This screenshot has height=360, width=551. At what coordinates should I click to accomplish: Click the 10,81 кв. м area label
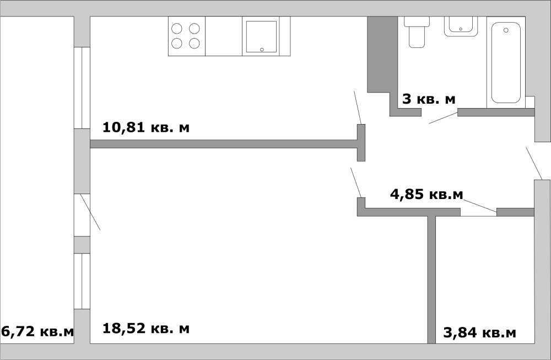[146, 127]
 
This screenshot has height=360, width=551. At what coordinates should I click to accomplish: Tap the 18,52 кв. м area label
[146, 328]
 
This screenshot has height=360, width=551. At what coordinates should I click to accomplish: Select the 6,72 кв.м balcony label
[37, 331]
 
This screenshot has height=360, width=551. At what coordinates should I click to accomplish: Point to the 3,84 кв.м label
[480, 332]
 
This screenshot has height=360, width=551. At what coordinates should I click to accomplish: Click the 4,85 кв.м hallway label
[426, 194]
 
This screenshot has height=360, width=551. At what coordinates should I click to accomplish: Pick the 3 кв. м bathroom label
[429, 99]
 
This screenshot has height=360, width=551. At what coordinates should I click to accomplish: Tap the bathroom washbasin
[461, 26]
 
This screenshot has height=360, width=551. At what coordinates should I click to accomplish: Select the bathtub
[506, 63]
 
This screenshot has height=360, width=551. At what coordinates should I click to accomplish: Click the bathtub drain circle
[506, 30]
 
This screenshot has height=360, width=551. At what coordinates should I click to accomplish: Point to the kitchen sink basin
[261, 36]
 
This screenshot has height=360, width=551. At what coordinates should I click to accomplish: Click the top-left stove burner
[177, 28]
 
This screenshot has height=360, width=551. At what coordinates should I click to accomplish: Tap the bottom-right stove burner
[195, 43]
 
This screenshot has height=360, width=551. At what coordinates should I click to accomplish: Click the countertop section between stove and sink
[224, 36]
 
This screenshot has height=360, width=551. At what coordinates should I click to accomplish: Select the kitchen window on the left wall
[82, 88]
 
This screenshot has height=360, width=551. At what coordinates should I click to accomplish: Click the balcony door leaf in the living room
[90, 212]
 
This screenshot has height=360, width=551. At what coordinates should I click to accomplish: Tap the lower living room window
[82, 281]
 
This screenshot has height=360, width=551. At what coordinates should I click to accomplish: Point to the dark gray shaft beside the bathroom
[382, 55]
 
